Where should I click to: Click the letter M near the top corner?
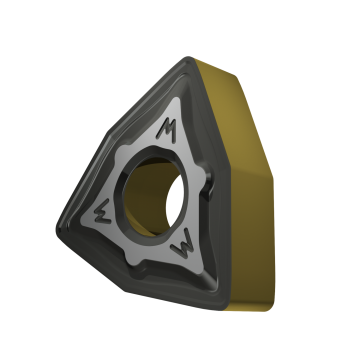167,130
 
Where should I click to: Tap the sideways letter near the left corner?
102,211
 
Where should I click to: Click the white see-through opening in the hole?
175,201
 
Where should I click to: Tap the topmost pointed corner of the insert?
189,59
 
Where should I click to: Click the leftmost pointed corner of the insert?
58,229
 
